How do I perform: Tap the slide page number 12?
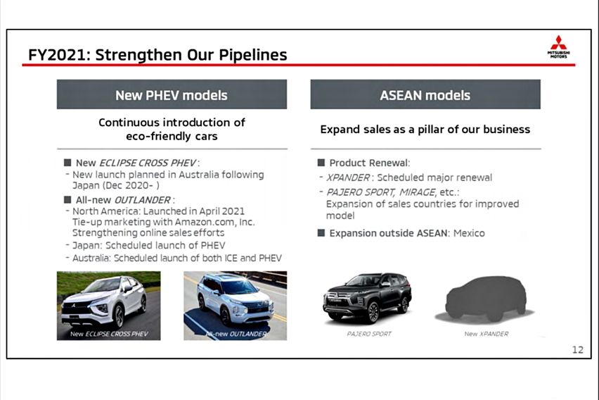[x=577, y=349]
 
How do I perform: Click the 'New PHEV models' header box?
[x=172, y=94]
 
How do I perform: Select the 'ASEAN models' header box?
[x=425, y=94]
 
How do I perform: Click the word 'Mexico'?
[x=468, y=233]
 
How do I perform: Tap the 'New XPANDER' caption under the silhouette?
[x=486, y=334]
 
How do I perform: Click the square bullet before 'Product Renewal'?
[x=321, y=163]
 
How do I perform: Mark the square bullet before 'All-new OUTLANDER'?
[x=67, y=200]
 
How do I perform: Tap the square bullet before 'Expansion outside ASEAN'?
[x=321, y=233]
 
